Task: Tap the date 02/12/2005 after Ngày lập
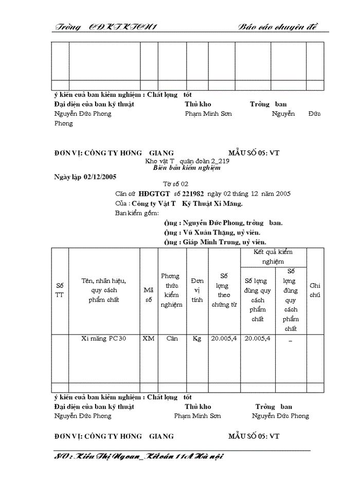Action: coord(98,177)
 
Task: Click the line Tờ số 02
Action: coord(176,184)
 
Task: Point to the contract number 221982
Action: coord(193,193)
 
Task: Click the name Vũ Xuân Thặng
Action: coord(205,233)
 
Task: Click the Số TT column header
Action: coord(60,290)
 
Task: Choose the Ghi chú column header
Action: coord(315,290)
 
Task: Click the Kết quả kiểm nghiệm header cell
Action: coord(273,257)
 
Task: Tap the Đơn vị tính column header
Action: coord(197,290)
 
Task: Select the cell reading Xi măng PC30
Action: coord(104,339)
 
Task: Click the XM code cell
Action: coord(148,339)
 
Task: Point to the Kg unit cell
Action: coord(197,339)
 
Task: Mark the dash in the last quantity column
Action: coord(291,340)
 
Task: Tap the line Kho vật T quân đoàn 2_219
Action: coord(184,161)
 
